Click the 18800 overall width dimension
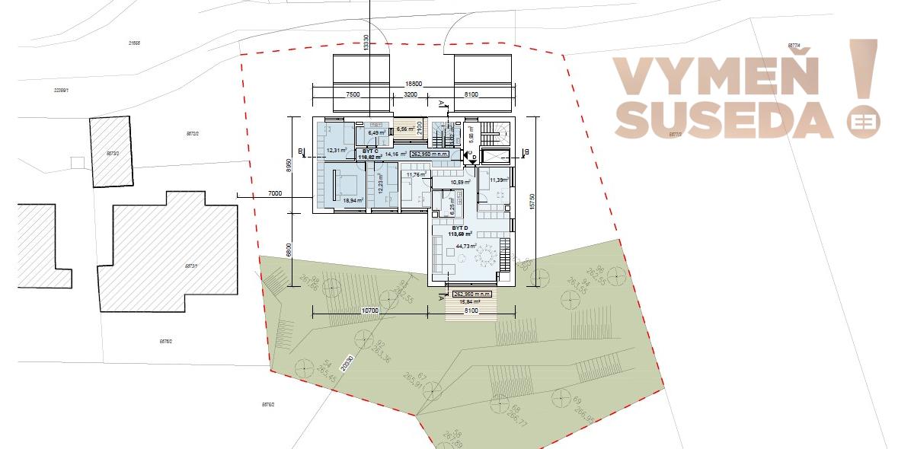[x=414, y=84]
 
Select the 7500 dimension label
[x=352, y=95]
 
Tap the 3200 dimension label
[x=410, y=95]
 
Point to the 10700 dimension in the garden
[x=369, y=311]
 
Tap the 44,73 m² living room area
[x=465, y=246]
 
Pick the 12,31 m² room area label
[x=336, y=150]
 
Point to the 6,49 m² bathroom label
[x=377, y=133]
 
